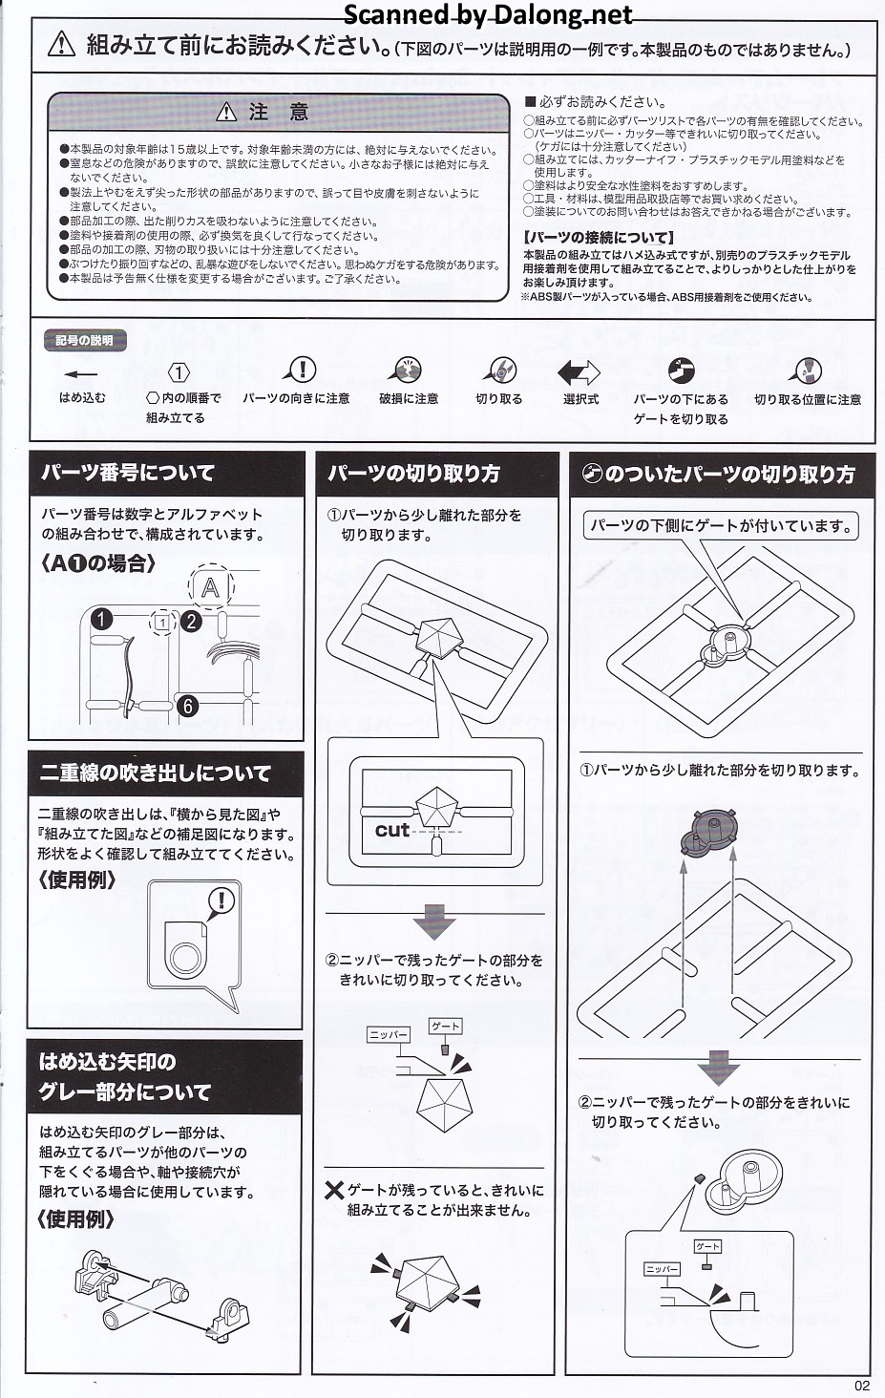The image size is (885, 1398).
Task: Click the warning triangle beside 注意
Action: tap(226, 112)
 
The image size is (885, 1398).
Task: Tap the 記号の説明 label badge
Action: tap(84, 341)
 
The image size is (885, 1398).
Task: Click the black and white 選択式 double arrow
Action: tap(579, 372)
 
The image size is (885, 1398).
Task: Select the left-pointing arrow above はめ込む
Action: tap(81, 374)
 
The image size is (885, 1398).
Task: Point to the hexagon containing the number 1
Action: tap(179, 373)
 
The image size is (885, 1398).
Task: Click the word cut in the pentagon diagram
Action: tap(392, 830)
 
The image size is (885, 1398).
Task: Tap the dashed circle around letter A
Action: tap(211, 587)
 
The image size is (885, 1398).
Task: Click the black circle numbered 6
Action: tap(187, 706)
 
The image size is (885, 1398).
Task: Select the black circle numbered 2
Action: tap(191, 621)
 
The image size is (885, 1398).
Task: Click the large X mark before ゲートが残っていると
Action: tap(334, 1192)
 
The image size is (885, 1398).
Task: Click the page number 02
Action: tap(862, 1385)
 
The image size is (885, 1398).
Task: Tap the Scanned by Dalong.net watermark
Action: tap(488, 14)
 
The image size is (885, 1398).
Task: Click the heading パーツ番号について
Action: tap(128, 473)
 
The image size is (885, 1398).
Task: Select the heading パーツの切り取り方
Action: tap(413, 474)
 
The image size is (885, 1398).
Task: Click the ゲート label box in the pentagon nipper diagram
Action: tap(446, 1026)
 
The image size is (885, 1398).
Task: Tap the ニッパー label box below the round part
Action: tap(662, 1269)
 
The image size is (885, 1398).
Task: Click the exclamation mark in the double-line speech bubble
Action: tap(221, 900)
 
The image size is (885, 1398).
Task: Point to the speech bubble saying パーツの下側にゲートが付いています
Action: tap(720, 526)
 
